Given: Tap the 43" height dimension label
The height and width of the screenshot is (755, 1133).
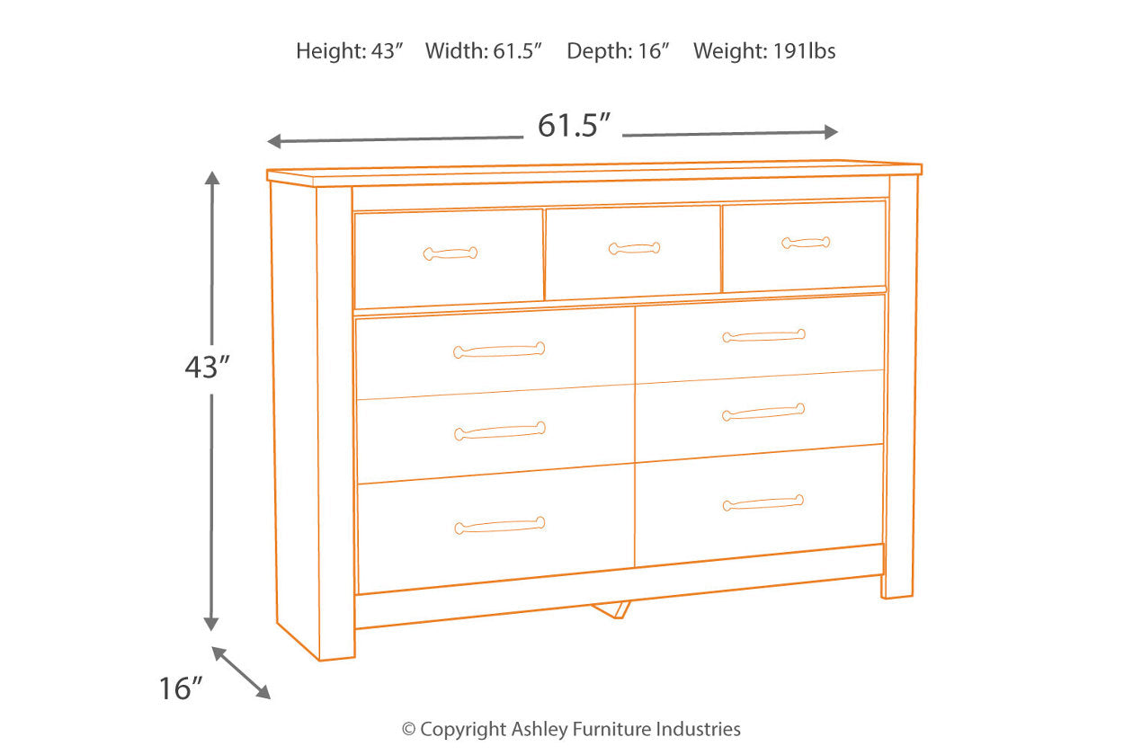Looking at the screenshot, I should point(207,366).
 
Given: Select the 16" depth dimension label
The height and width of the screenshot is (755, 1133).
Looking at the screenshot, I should point(180,689).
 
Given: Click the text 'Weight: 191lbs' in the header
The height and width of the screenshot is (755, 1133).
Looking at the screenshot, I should point(764,51).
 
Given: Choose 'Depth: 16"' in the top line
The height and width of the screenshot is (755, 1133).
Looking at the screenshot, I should point(619,51).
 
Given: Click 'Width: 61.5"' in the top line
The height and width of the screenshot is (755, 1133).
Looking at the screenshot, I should point(484,51).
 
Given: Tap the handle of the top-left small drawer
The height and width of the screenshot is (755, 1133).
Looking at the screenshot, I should point(451,253).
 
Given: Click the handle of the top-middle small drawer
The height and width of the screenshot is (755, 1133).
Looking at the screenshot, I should point(634,248).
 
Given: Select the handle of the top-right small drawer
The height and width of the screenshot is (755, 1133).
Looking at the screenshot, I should point(806,243).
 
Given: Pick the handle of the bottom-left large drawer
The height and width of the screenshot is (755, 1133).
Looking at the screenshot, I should point(499,526).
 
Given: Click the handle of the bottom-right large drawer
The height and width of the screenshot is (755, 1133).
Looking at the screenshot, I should point(763,503).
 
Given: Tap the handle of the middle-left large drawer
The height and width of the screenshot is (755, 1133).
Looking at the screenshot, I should point(499,431).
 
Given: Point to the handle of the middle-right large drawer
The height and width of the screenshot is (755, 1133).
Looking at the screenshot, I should point(763,413).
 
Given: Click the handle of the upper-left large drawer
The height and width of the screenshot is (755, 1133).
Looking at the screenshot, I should point(499,351).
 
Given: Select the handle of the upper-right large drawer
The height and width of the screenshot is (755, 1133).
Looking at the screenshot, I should point(763,336).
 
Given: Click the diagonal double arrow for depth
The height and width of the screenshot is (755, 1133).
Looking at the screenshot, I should point(241,672).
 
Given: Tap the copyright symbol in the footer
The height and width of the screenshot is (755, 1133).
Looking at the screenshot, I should point(409,730).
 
